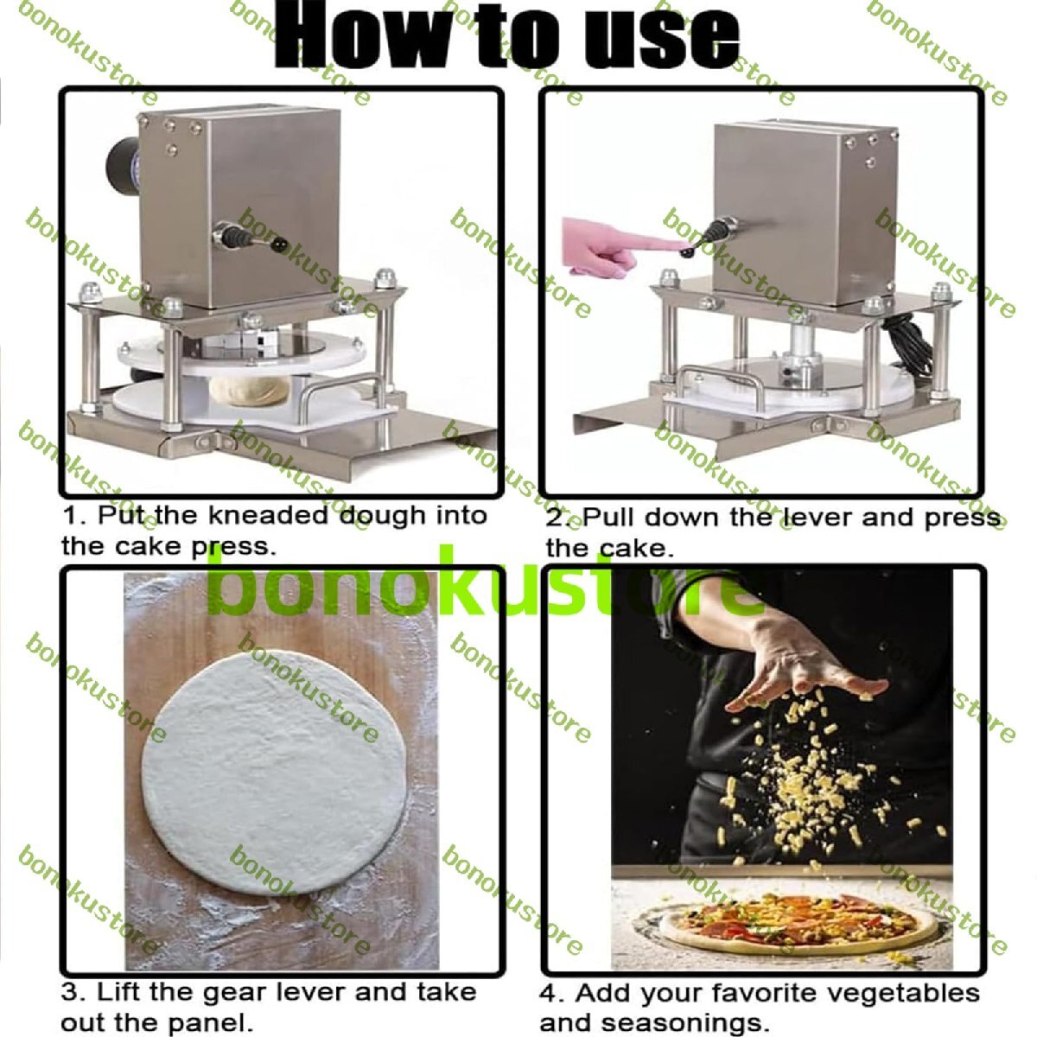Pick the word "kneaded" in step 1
point(269,516)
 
